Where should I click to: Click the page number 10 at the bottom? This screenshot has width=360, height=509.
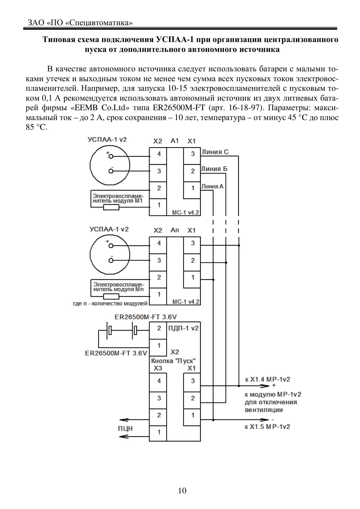tap(182, 490)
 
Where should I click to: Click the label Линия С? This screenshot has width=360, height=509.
tap(215, 152)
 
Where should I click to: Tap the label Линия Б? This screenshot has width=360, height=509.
tap(214, 169)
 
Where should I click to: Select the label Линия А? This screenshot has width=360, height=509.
tap(212, 186)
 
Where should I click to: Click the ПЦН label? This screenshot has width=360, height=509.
tap(125, 428)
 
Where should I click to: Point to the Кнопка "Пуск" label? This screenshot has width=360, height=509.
tap(173, 361)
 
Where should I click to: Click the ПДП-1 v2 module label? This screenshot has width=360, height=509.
tap(184, 328)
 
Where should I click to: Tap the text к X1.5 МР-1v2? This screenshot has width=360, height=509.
tap(267, 427)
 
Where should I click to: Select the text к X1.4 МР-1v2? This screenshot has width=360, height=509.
tap(267, 379)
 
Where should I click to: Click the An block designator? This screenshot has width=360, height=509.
tap(175, 230)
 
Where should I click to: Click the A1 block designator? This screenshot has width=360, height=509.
tap(175, 141)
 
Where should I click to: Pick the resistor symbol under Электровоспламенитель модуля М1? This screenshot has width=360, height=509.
tap(111, 207)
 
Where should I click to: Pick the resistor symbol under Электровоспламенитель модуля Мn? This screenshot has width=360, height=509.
tap(111, 296)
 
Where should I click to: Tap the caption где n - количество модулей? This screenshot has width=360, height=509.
tap(110, 304)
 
